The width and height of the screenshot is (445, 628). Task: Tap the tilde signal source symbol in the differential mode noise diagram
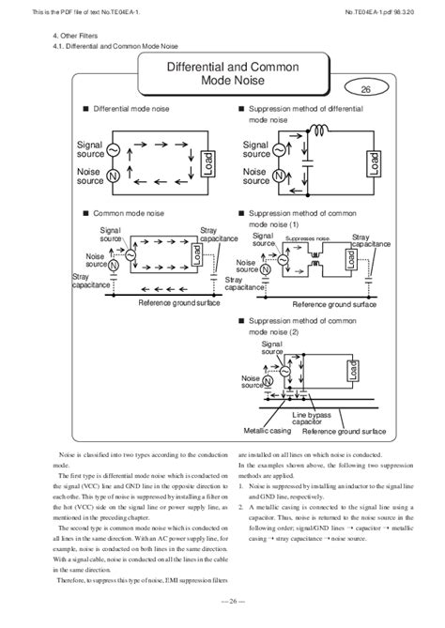point(112,149)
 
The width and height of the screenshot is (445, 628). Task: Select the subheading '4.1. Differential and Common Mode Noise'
point(114,45)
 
